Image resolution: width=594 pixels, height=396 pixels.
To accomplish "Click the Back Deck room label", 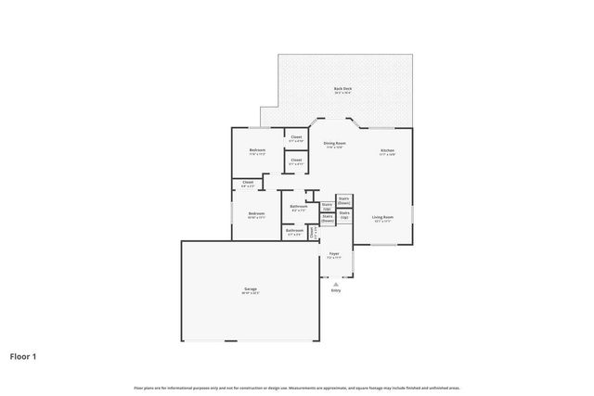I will click(x=342, y=89).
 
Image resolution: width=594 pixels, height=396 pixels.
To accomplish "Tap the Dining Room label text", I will click(x=334, y=143).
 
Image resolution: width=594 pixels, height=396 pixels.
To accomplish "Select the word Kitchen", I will click(x=387, y=150).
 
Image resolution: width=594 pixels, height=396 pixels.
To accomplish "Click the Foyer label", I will click(x=332, y=252).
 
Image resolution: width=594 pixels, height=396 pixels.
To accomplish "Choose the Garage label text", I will click(x=251, y=288).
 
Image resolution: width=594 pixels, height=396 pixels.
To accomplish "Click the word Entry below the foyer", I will click(x=336, y=290).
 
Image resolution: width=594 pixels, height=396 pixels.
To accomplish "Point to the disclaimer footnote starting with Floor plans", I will click(x=297, y=388).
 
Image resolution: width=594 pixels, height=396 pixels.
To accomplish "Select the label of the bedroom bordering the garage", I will click(x=256, y=213).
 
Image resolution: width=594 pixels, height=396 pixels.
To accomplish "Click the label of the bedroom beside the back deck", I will click(x=257, y=150).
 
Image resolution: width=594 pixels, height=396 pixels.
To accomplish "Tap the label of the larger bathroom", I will click(x=299, y=206).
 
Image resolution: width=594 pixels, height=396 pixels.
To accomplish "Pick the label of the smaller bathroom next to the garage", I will click(x=294, y=232).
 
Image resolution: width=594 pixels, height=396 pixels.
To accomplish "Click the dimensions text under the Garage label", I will click(x=251, y=293).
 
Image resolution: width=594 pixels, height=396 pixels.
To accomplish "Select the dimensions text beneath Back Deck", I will click(x=342, y=94).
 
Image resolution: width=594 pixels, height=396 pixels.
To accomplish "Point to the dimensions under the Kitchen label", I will click(x=387, y=155).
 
